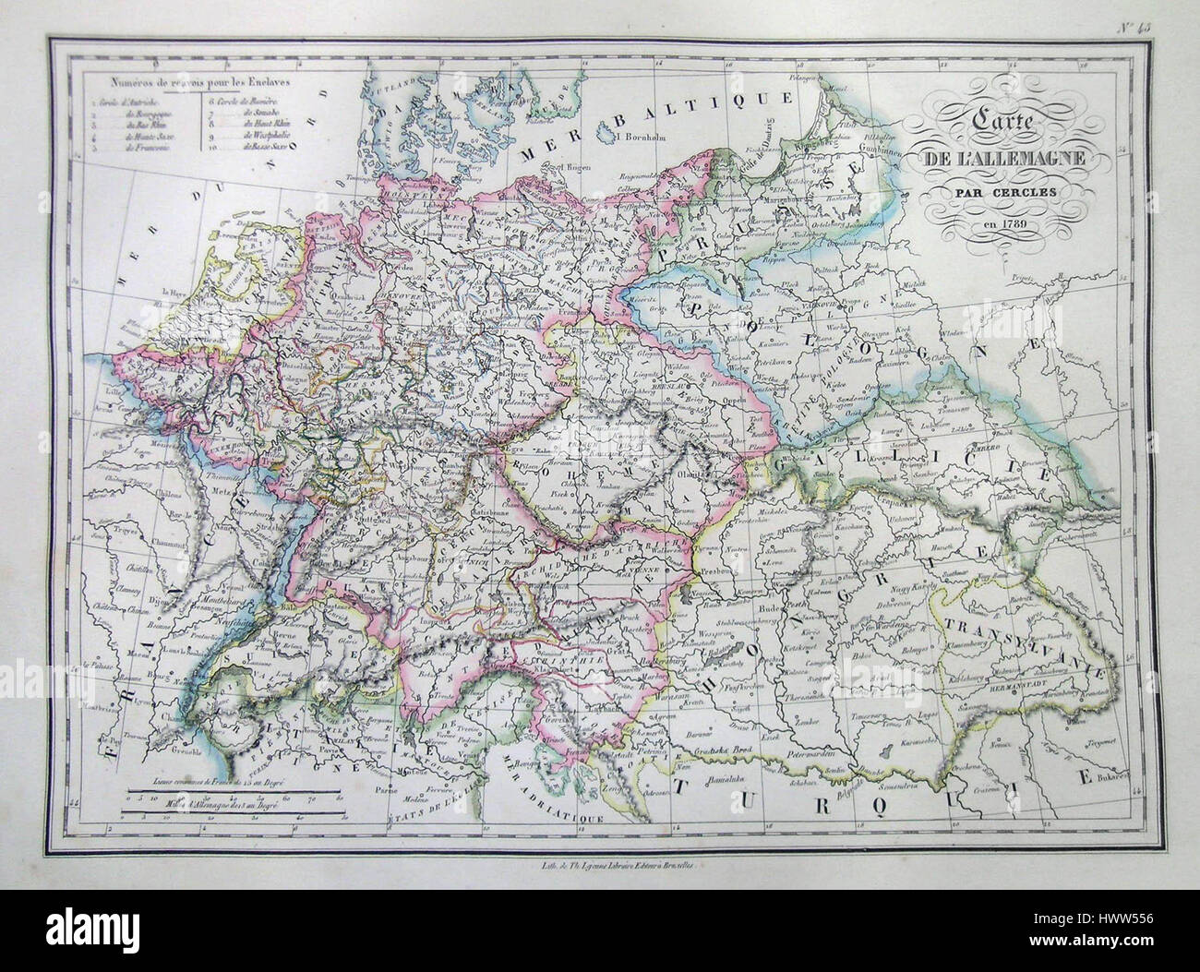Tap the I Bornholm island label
(x=630, y=138)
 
